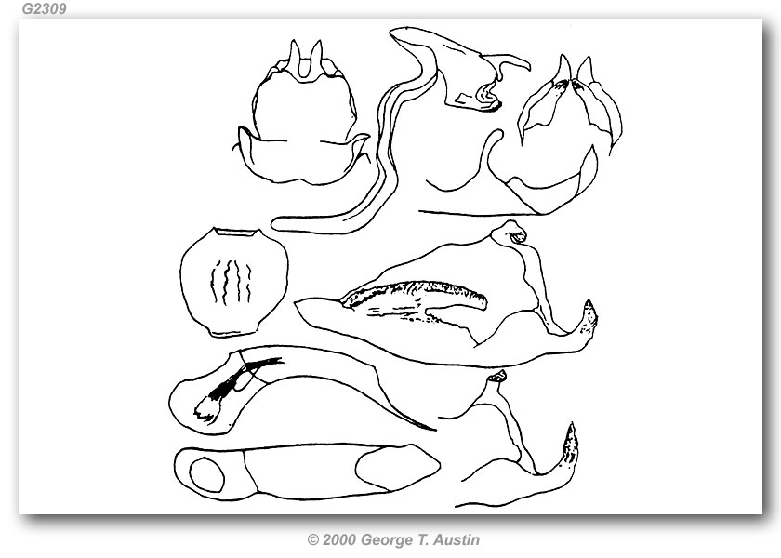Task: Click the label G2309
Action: tap(44, 8)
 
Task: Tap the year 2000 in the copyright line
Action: tap(338, 539)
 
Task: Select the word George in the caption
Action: tap(385, 540)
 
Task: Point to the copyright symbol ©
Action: tap(312, 540)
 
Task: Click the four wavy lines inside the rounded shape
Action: tap(231, 282)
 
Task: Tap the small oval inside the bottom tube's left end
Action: tap(206, 473)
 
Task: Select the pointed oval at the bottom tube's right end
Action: tap(398, 467)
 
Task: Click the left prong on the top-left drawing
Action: tap(295, 55)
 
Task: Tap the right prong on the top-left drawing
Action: tap(316, 55)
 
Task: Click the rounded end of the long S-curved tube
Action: tap(278, 224)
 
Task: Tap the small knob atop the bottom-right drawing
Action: tap(497, 376)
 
